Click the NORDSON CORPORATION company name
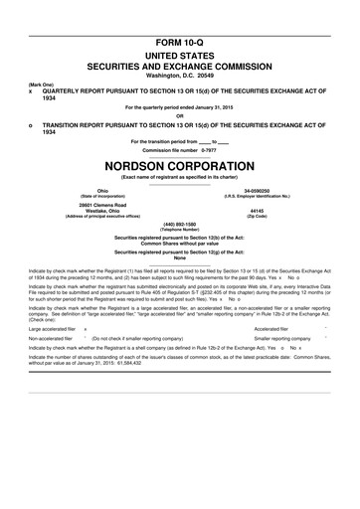180,165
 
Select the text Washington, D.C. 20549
180,48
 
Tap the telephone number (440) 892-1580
180,225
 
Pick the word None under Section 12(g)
180,259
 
